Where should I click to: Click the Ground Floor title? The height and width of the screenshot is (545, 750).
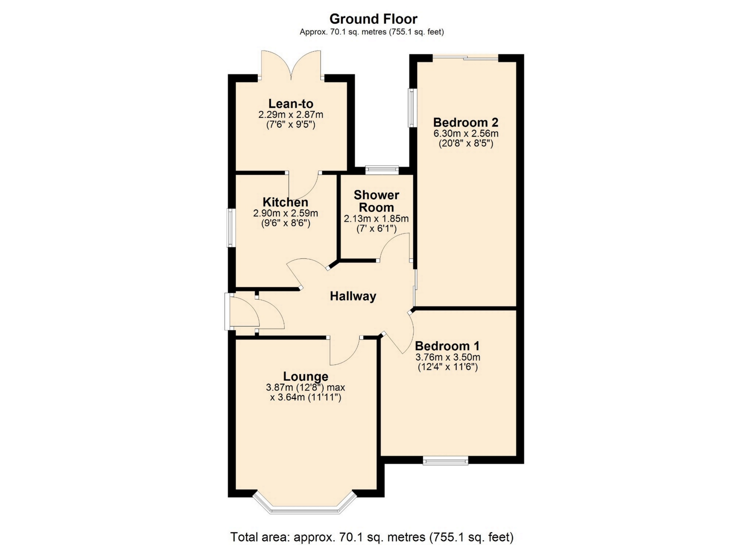tap(373, 19)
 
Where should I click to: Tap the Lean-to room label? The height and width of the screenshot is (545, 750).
tap(291, 103)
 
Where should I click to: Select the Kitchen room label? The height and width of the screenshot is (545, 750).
tap(285, 202)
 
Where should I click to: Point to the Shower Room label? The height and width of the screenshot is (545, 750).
tap(376, 201)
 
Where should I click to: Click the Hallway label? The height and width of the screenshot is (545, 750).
tap(353, 296)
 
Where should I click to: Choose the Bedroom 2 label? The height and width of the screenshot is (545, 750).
tap(466, 122)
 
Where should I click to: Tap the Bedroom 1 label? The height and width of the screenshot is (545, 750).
tap(447, 346)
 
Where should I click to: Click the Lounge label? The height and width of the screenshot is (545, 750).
tap(305, 376)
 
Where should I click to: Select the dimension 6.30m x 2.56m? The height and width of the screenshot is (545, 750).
tap(466, 134)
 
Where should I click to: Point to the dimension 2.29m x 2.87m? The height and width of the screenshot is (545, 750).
tap(291, 115)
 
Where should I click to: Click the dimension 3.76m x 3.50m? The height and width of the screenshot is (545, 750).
tap(448, 357)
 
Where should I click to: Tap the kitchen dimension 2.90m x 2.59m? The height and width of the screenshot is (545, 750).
tap(286, 214)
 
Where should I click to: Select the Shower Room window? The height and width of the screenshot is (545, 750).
tap(382, 170)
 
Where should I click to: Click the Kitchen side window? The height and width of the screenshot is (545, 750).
tap(232, 228)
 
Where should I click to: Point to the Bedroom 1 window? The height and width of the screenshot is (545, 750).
tap(445, 461)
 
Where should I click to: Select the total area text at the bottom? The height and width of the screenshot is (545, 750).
tap(372, 537)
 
